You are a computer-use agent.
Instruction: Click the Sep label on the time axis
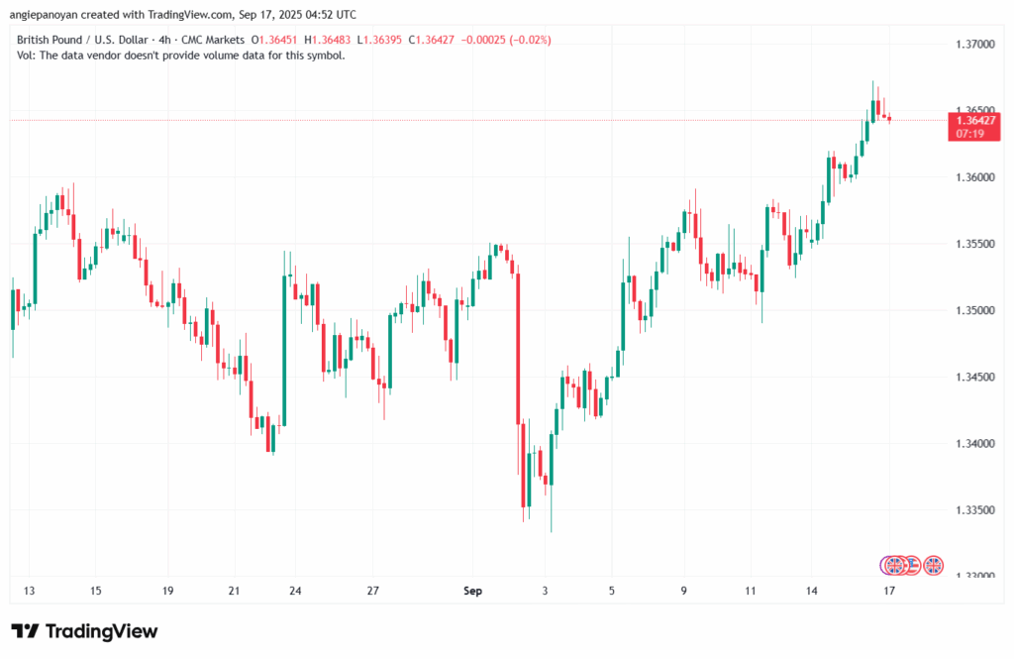point(472,592)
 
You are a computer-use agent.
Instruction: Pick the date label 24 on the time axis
point(295,592)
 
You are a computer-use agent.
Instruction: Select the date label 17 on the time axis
point(889,592)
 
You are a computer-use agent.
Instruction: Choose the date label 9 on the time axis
point(684,592)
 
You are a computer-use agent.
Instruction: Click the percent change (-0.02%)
point(528,40)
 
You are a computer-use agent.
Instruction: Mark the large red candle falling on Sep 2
point(518,347)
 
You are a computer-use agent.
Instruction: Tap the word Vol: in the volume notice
point(27,55)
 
